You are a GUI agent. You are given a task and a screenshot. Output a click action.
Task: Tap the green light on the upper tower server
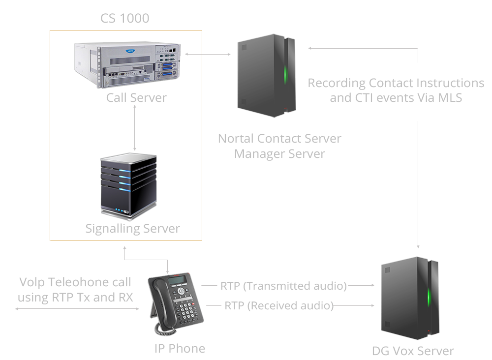[x=285, y=74]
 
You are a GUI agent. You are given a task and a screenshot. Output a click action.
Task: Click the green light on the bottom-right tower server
[x=429, y=296]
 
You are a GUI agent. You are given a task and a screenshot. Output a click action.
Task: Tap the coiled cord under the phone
[x=165, y=329]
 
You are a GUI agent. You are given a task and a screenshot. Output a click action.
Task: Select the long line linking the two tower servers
[x=418, y=148]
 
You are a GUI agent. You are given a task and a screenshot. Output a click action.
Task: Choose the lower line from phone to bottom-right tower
[x=290, y=305]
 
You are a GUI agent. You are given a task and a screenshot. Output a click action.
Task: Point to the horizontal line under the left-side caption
[x=77, y=309]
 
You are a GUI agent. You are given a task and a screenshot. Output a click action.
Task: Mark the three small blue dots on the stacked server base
[x=122, y=211]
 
